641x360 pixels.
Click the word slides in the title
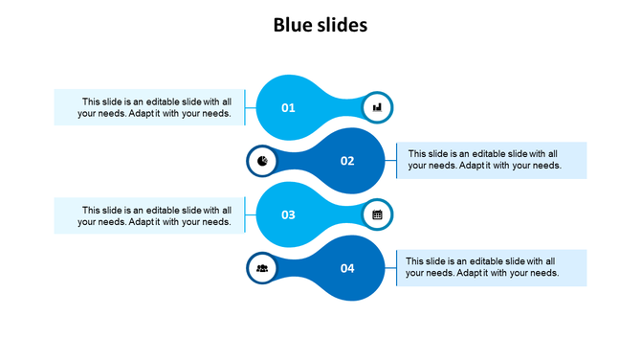click(x=340, y=26)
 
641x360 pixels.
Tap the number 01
click(x=288, y=108)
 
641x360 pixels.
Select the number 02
click(x=347, y=161)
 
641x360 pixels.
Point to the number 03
click(x=288, y=215)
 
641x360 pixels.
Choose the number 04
click(x=347, y=269)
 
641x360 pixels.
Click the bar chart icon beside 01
click(x=377, y=107)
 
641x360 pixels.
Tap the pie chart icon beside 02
click(x=262, y=161)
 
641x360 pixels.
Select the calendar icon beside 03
click(x=377, y=214)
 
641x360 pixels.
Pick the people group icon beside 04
click(x=262, y=268)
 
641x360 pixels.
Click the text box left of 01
click(x=149, y=107)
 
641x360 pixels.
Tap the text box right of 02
click(x=491, y=160)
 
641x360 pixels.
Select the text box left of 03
click(x=149, y=214)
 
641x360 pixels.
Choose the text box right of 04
click(x=491, y=267)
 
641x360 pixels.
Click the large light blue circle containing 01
click(x=289, y=91)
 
